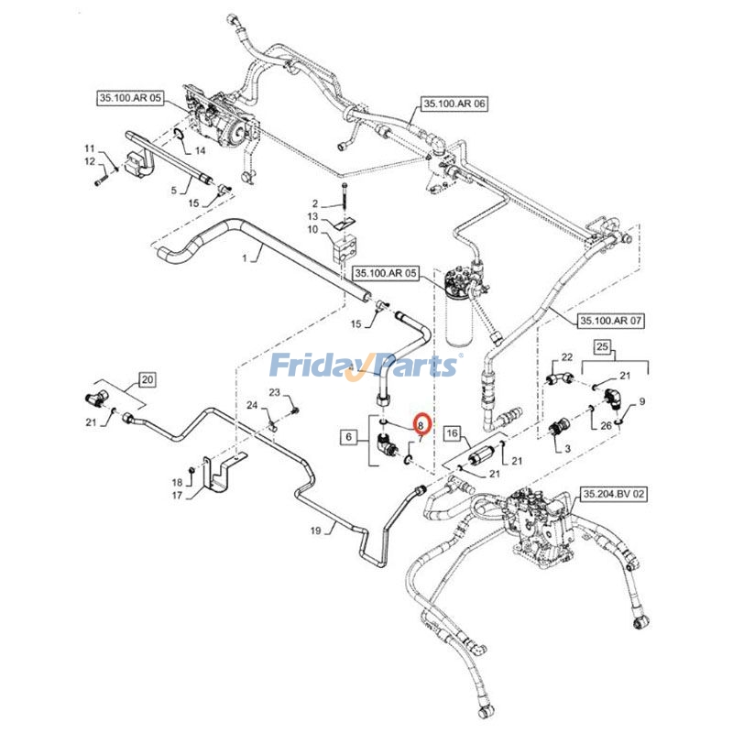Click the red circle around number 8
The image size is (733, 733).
point(421,424)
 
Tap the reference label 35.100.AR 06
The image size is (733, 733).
point(454,104)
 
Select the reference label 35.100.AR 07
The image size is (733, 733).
point(612,322)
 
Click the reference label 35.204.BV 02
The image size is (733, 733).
point(613,494)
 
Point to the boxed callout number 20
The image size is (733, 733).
point(148,377)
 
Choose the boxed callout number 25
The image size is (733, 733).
point(601,347)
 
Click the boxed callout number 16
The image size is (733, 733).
point(450,432)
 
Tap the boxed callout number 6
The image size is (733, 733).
point(349,439)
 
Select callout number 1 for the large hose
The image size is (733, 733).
point(244,260)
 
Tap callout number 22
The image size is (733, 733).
point(566,356)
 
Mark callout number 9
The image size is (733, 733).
point(642,401)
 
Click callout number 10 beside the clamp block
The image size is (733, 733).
point(312,229)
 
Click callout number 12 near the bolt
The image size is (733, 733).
point(90,162)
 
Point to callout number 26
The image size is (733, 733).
point(606,425)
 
